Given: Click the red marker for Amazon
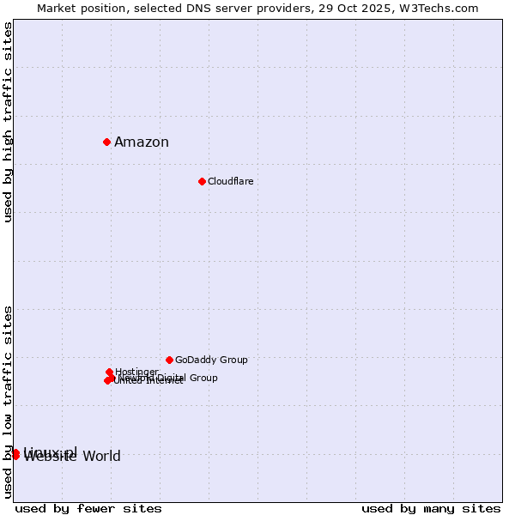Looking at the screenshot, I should click(x=106, y=142).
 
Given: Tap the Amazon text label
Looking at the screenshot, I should click(x=142, y=142).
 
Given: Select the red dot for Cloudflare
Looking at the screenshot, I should click(x=202, y=181).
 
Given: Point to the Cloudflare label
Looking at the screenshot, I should click(x=230, y=181).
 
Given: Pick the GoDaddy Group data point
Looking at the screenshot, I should click(x=169, y=360).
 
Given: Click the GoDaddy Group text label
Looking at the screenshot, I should click(x=211, y=360).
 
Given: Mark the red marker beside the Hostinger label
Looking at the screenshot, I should click(x=109, y=372).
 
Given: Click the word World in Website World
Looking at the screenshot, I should click(x=101, y=457).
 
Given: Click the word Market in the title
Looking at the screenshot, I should click(x=57, y=8).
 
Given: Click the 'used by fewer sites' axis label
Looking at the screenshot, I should click(x=88, y=508).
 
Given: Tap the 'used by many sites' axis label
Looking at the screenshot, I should click(x=431, y=508).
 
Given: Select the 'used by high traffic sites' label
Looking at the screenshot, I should click(x=8, y=122).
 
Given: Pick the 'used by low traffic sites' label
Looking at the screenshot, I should click(x=8, y=401).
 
